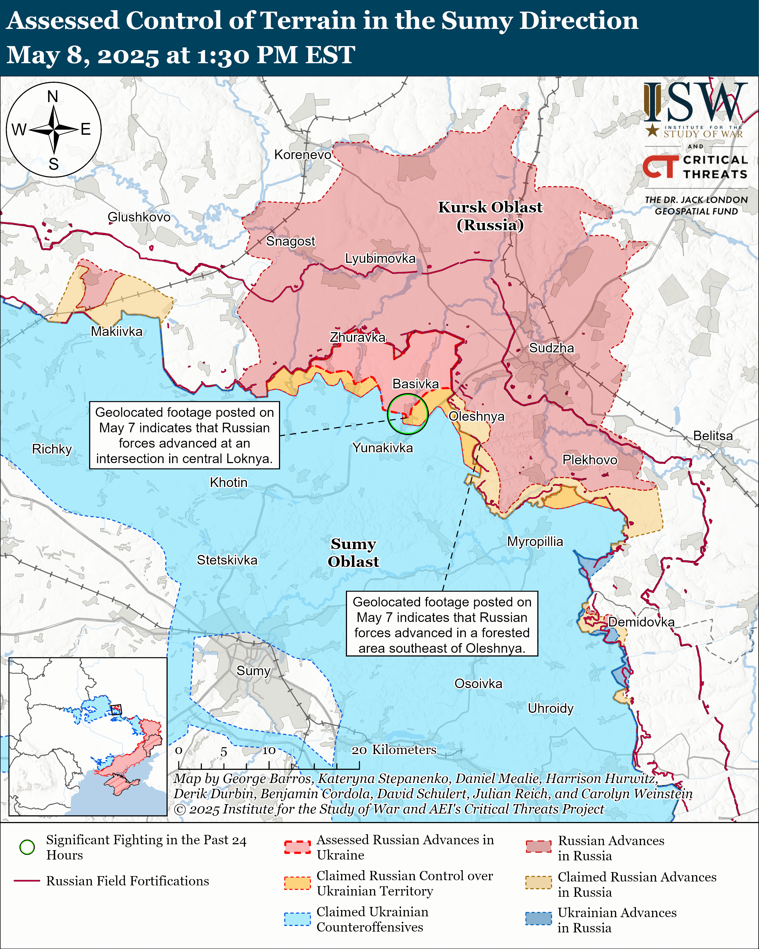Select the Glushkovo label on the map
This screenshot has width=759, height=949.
pyautogui.click(x=139, y=217)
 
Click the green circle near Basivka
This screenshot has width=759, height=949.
pyautogui.click(x=407, y=414)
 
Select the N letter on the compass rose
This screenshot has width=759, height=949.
pyautogui.click(x=53, y=96)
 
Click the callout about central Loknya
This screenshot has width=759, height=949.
pyautogui.click(x=184, y=435)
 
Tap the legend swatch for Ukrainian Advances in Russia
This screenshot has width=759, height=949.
pyautogui.click(x=538, y=919)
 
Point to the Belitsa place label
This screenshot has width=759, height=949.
pyautogui.click(x=712, y=436)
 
